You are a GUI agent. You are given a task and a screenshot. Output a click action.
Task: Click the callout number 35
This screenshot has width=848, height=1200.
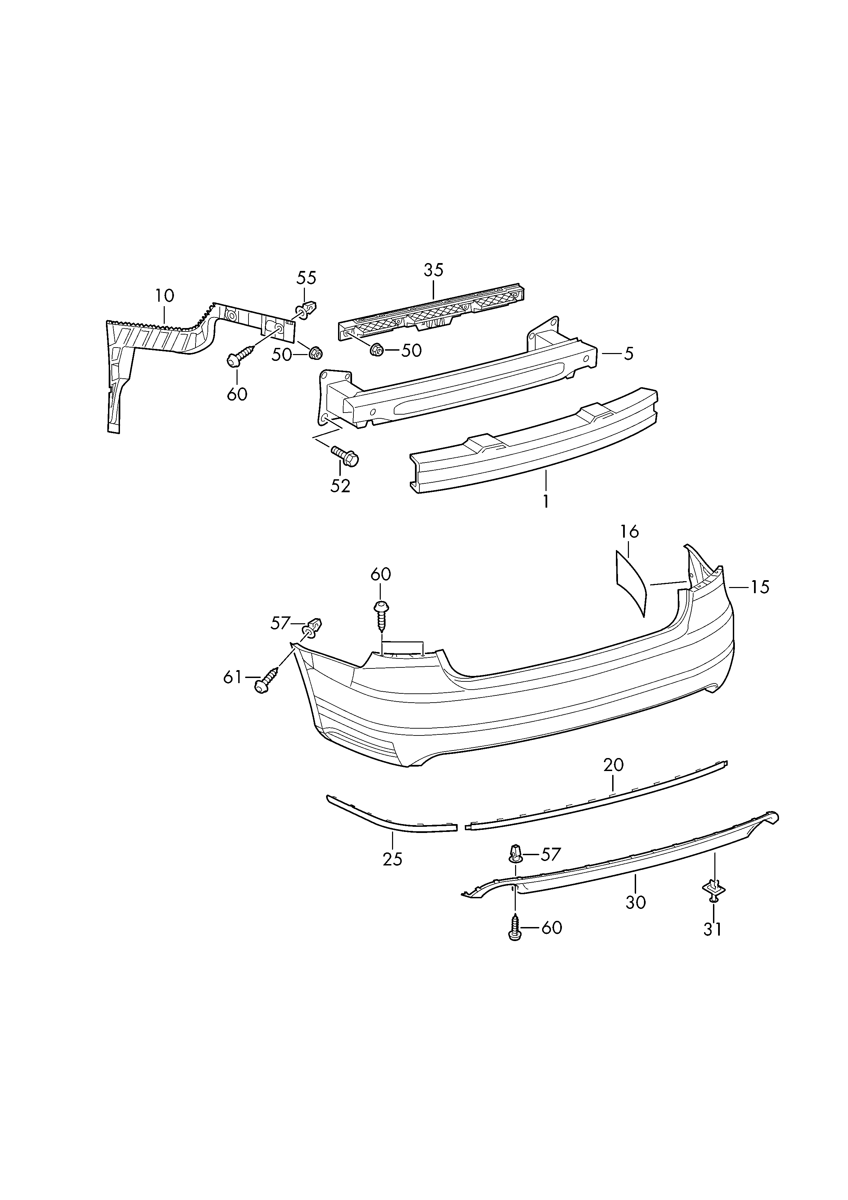433,270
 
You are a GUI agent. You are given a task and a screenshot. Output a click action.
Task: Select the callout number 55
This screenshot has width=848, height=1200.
307,278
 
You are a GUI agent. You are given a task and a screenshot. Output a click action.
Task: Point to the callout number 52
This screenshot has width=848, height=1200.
340,486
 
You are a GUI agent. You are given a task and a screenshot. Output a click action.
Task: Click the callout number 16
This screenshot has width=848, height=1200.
630,532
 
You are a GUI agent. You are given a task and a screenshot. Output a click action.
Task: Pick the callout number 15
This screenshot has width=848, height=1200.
760,587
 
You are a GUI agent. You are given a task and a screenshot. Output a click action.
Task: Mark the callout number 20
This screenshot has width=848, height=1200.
614,765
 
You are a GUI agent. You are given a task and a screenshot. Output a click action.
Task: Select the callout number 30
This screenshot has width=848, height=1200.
635,902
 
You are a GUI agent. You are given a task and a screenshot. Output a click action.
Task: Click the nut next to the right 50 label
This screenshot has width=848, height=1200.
376,350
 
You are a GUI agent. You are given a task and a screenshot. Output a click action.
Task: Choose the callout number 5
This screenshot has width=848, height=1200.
628,354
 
